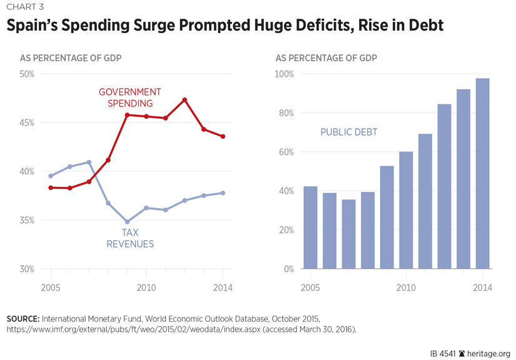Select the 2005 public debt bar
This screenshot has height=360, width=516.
(310, 227)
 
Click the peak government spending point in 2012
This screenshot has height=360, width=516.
(185, 99)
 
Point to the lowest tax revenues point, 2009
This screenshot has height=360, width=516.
(127, 222)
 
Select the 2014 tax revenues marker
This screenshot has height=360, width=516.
(223, 193)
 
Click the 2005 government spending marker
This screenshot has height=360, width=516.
(51, 187)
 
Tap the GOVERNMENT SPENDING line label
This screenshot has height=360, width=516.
(130, 97)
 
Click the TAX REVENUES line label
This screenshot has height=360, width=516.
(130, 238)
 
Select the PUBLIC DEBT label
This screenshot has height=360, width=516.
(349, 132)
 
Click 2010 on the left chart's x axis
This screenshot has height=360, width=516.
(146, 287)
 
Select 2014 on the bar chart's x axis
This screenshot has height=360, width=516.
(482, 287)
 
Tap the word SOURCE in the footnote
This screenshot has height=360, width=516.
(23, 319)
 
